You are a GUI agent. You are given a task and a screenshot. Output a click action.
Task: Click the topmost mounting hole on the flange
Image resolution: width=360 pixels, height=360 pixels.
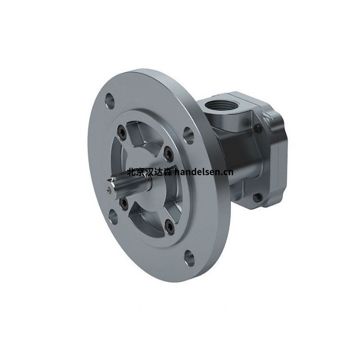pyautogui.click(x=110, y=101)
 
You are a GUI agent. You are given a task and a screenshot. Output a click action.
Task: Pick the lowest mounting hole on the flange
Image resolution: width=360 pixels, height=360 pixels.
pyautogui.click(x=190, y=258)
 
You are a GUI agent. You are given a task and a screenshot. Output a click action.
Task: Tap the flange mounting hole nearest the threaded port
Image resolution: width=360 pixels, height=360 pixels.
pyautogui.click(x=189, y=136)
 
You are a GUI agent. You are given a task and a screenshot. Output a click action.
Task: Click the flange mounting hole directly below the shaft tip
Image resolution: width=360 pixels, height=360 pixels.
pyautogui.click(x=113, y=217)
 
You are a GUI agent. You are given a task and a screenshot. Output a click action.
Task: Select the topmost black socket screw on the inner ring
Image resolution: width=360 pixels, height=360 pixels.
pyautogui.click(x=122, y=132)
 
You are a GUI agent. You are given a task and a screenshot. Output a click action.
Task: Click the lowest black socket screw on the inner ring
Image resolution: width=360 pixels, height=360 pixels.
pyautogui.click(x=170, y=226)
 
